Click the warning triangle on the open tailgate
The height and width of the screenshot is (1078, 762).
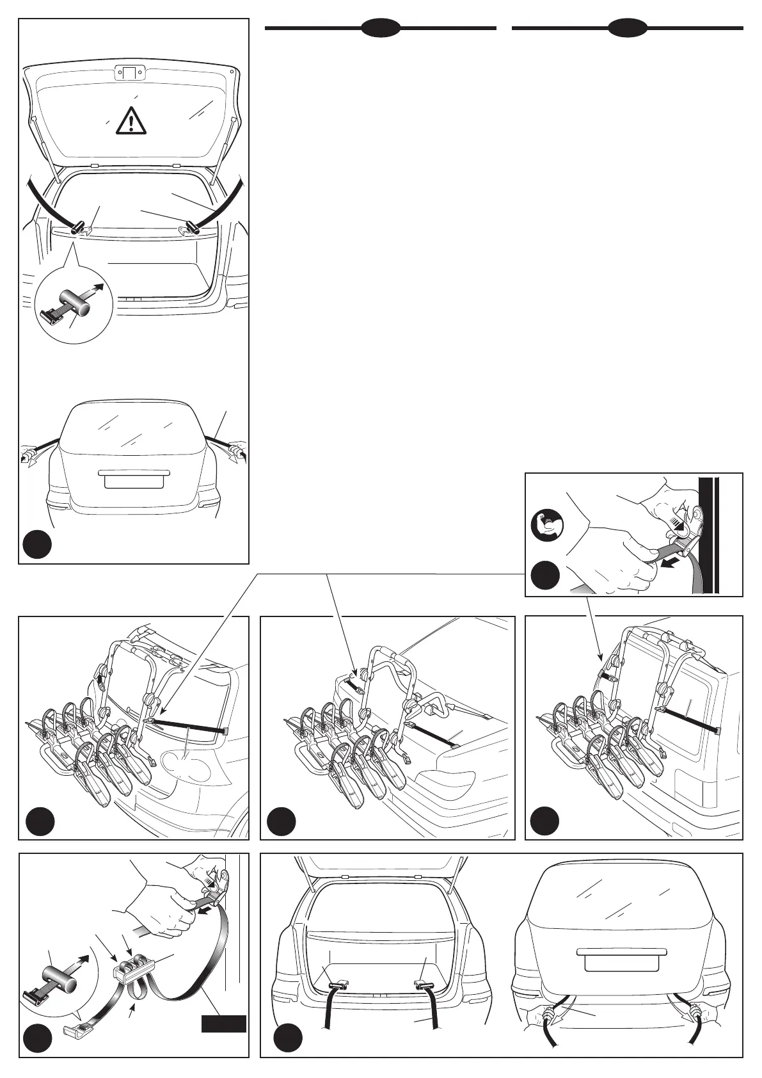(131, 120)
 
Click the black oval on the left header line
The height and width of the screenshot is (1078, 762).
(381, 28)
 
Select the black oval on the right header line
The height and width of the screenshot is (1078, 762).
(628, 28)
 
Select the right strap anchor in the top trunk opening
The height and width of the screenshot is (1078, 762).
(191, 226)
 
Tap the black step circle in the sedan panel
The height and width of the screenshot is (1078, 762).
(282, 821)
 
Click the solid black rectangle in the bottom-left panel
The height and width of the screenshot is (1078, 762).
(224, 1024)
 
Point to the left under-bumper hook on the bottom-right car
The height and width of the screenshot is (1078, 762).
(549, 1013)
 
